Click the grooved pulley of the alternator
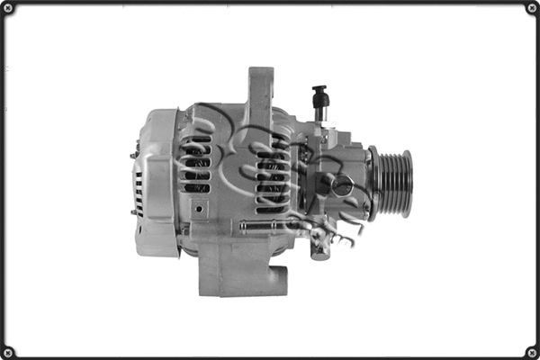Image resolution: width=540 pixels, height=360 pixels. click(x=393, y=184)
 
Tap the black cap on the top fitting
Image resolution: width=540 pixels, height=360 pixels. click(x=319, y=94)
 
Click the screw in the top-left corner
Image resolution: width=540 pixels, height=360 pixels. click(x=8, y=8)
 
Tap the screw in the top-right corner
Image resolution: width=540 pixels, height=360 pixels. click(x=532, y=8)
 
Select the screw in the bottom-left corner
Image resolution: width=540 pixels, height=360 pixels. click(x=8, y=352)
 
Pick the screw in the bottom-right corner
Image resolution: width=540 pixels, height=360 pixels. click(x=532, y=352)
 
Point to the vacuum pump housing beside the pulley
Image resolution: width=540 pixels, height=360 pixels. click(x=346, y=180)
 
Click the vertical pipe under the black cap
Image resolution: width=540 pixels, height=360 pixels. click(x=319, y=112)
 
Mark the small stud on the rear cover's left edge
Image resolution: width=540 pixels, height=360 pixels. click(x=133, y=155)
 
